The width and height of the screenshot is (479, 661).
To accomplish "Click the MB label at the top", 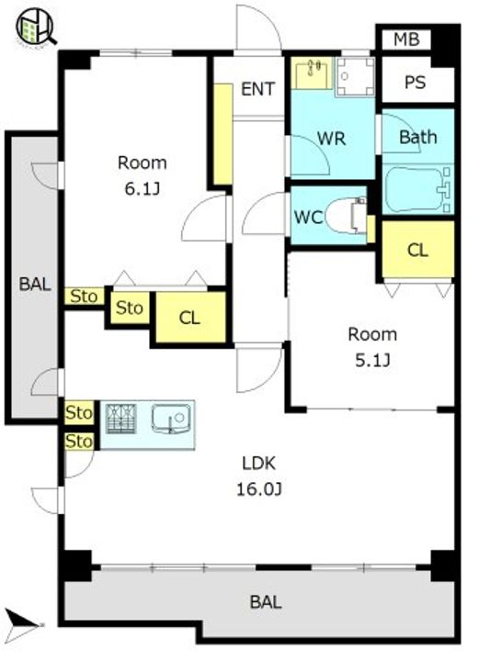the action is (406, 39).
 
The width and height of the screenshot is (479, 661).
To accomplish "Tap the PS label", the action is (415, 82).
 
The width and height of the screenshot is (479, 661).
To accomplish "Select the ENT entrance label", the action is (257, 89).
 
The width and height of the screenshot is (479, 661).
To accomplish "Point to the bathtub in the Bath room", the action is (417, 189).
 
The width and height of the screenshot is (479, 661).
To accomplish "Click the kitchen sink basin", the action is (171, 419).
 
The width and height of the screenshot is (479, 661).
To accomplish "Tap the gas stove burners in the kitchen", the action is (121, 419).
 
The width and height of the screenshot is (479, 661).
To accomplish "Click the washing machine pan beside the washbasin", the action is (355, 77).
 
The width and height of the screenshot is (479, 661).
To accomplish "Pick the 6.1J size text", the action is (143, 189).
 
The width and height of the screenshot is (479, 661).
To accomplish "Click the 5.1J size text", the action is (372, 361).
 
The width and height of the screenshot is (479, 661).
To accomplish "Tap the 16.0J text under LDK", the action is (258, 489).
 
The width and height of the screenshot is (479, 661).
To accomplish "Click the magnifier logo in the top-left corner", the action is (36, 27).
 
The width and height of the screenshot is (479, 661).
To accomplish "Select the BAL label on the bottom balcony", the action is (266, 602).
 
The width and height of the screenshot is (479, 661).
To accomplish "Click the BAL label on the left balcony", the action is (35, 284).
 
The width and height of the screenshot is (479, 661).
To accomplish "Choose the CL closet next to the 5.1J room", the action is (417, 249).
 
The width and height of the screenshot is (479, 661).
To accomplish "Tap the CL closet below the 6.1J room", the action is (190, 317).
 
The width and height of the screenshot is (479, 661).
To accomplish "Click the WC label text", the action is (309, 217).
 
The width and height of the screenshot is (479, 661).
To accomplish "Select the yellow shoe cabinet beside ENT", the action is (222, 134).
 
